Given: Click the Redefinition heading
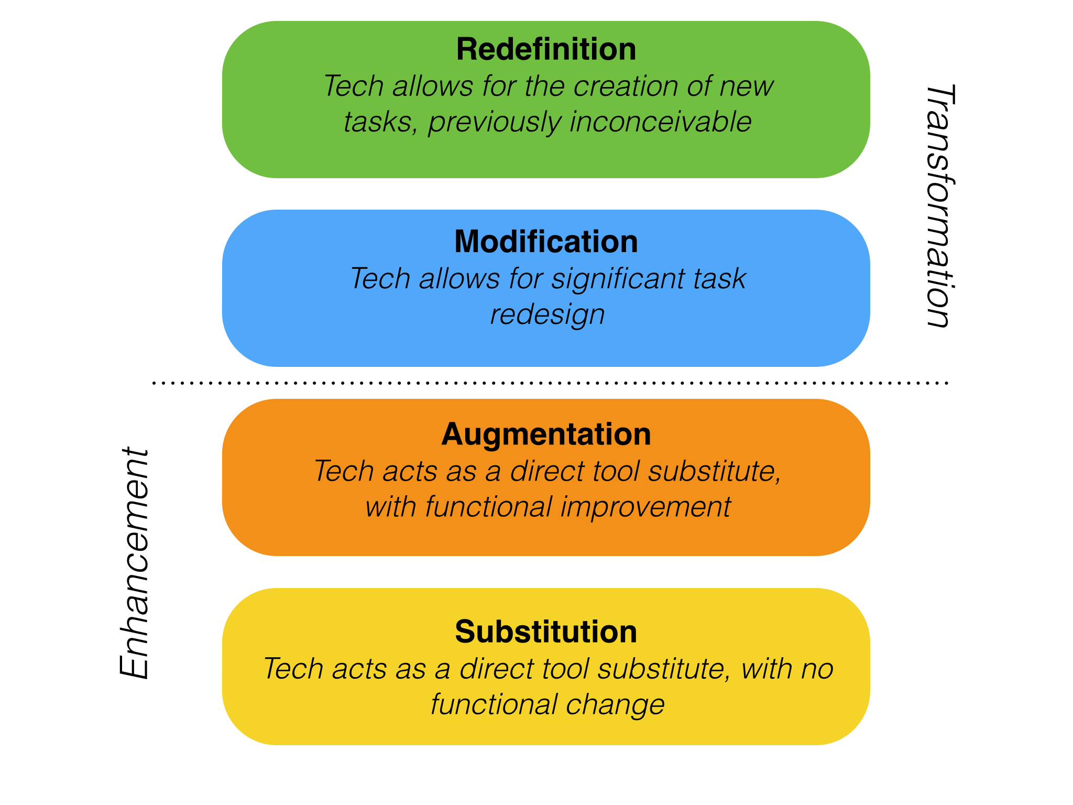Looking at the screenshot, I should click(546, 49).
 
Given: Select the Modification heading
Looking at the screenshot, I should click(546, 242).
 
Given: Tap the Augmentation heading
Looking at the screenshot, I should click(546, 434).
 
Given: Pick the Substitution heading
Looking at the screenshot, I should click(546, 632).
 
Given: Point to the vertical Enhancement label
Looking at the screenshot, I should click(135, 563).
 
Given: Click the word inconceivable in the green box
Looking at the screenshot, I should click(661, 122).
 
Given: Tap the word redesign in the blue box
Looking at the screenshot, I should click(547, 314).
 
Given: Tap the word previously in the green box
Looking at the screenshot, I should click(494, 122).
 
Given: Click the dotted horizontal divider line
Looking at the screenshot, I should click(550, 383).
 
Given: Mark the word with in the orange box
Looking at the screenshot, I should click(390, 507).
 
